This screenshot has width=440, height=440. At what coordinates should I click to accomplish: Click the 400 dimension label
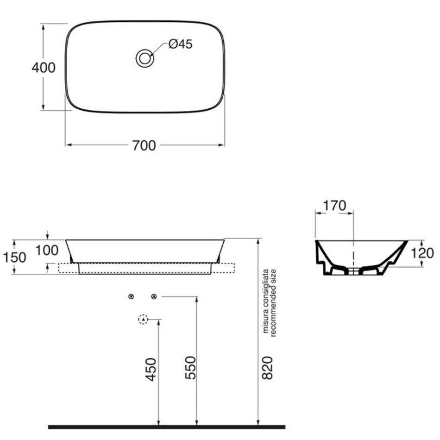(44, 68)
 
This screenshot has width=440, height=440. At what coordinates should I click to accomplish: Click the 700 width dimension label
(144, 145)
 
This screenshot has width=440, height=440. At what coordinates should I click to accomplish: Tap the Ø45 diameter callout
(181, 44)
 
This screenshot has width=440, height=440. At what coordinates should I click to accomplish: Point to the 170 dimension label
(335, 206)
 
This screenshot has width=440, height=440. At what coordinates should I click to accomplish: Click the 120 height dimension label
(422, 253)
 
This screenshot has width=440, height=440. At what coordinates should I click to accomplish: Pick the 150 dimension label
(14, 258)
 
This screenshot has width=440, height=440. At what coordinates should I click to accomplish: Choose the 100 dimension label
(47, 250)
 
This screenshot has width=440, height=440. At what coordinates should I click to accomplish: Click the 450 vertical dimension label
(151, 369)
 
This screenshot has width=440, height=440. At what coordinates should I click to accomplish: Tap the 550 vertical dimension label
(190, 368)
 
